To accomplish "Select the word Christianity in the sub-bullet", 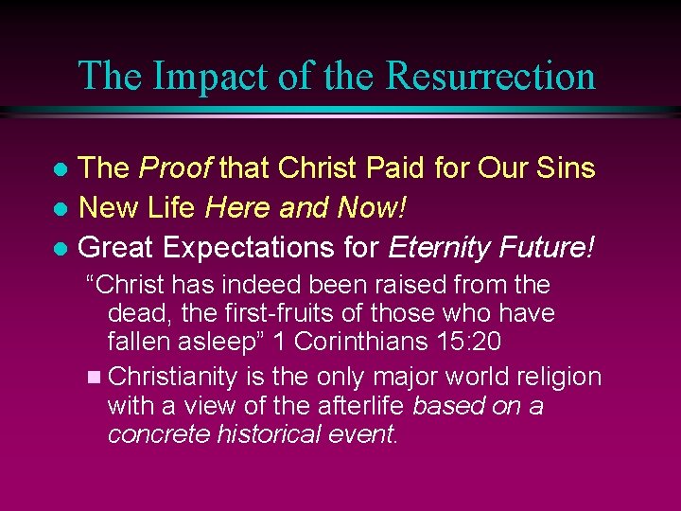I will tap(173, 377).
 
